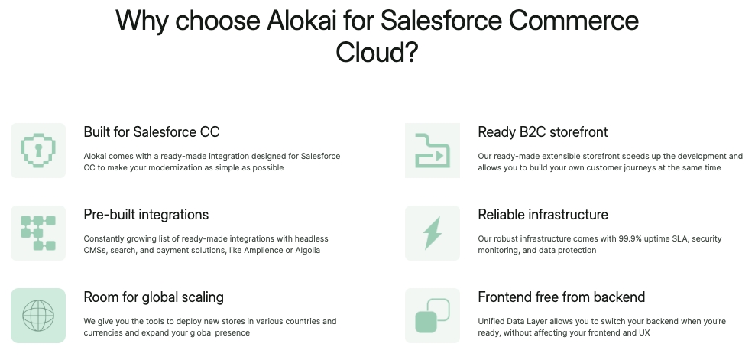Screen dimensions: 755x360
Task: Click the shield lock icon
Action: pos(38,151)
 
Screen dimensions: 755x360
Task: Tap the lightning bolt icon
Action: pos(432,233)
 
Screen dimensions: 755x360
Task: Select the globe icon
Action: pos(38,316)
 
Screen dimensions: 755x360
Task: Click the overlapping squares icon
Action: pos(433,316)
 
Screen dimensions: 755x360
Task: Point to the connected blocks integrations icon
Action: pos(38,233)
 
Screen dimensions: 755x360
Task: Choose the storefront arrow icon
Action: pos(433,151)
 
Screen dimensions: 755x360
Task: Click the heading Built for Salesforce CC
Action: pos(151,131)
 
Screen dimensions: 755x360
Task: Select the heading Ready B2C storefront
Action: pos(543,131)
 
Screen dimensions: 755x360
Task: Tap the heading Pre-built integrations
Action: pos(147,215)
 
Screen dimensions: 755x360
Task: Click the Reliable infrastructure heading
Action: pos(543,215)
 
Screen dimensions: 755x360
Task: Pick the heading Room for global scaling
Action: pos(154,297)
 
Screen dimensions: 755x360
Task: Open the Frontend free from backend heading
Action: pos(562,297)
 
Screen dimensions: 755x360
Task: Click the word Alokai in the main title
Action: pos(301,20)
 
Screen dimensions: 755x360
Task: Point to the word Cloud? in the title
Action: pos(377,51)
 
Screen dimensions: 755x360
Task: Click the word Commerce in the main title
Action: pos(573,20)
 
